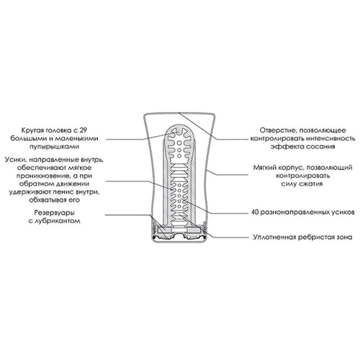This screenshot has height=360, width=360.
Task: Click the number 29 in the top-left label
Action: coord(83,130)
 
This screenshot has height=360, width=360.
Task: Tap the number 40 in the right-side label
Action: coord(255,212)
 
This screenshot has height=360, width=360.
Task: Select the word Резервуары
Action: coord(54,212)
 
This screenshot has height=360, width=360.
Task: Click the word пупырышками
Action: coord(54,147)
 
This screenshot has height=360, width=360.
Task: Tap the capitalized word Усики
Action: coord(14,160)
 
